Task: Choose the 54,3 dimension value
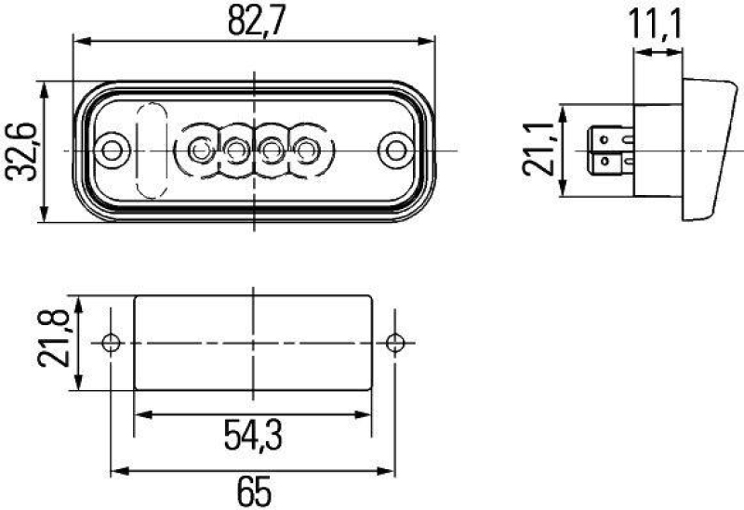254,434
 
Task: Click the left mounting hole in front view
113,150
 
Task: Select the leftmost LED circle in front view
200,149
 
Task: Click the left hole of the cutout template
113,343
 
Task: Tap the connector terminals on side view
609,151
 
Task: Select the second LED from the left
235,149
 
